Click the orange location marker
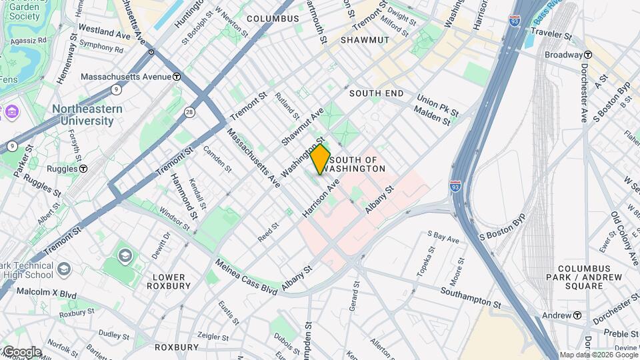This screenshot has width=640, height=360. coord(321,159)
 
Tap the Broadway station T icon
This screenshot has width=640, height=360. coord(588,55)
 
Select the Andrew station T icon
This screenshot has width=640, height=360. coord(577,315)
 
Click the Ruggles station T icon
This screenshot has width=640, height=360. coord(83,169)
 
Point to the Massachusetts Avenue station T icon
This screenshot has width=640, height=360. coord(176,77)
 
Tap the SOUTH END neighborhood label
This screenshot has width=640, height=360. coord(376,93)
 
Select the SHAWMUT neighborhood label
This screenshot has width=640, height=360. coord(364,40)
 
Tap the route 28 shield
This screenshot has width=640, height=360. coord(190,112)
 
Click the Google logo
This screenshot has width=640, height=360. coord(21,352)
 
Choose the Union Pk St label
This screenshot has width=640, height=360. coord(438,105)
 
